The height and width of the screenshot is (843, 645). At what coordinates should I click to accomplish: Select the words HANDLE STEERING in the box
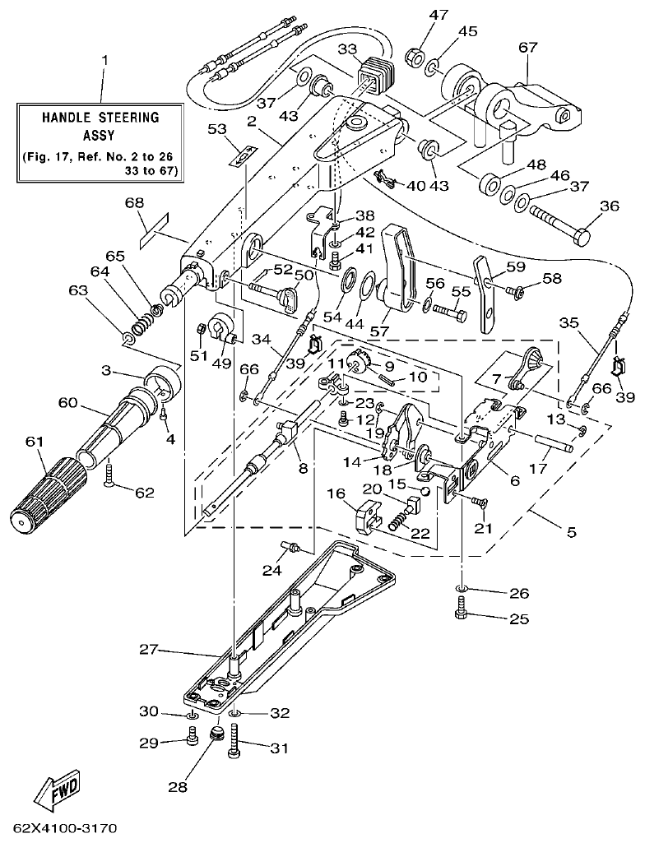[x=100, y=117]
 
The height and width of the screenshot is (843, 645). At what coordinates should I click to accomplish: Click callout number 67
[x=527, y=47]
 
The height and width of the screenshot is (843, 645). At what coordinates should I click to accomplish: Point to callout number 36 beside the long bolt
[x=609, y=207]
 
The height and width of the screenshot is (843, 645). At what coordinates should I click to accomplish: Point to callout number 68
[x=134, y=202]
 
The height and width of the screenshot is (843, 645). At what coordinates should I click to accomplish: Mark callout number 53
[x=216, y=129]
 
